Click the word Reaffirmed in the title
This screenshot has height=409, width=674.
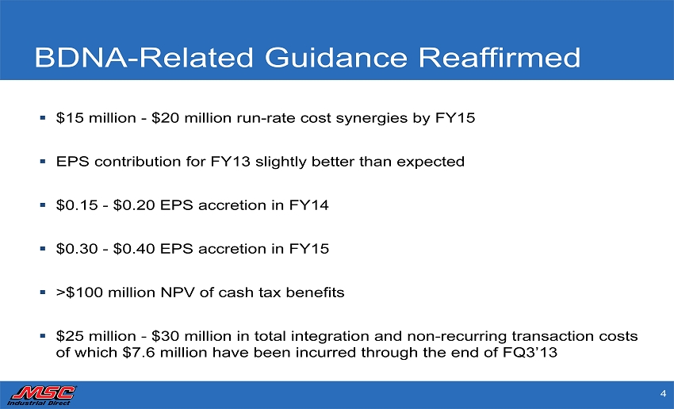tap(500, 58)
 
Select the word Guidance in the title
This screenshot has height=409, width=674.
tap(335, 58)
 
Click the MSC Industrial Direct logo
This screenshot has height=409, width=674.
tap(41, 396)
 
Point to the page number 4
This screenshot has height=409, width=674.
tap(663, 393)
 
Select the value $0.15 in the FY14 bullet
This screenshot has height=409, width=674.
tap(77, 205)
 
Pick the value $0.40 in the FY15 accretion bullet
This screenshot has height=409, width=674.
tap(134, 249)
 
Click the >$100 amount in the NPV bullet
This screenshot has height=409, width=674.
tap(79, 292)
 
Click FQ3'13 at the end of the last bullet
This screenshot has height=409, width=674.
tap(530, 352)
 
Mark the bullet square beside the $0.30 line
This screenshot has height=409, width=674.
tap(43, 248)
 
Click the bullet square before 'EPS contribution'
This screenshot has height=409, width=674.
tap(43, 162)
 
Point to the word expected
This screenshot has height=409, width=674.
tap(431, 162)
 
